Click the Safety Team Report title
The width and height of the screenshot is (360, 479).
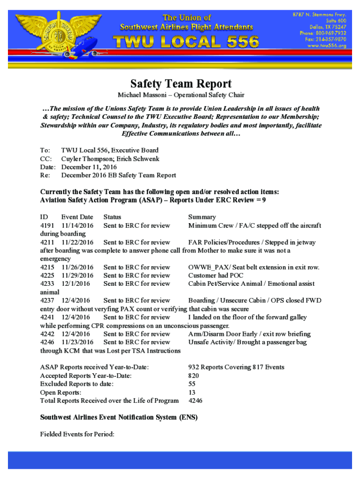180,84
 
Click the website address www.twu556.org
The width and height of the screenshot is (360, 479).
326,46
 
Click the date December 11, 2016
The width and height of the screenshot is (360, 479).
89,167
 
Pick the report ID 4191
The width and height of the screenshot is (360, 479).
48,225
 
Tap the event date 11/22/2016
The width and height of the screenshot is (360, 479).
77,242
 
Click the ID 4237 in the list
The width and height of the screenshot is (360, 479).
48,300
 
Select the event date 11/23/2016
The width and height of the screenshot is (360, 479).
77,342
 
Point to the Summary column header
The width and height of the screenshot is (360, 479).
202,217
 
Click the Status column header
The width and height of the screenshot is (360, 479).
112,217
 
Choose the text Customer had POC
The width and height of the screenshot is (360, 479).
216,276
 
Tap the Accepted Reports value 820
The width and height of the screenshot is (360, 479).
194,376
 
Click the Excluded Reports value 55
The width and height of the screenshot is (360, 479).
192,384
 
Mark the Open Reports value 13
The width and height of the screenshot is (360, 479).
192,392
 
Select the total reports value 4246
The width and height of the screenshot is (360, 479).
195,401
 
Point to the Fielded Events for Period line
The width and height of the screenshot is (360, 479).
78,434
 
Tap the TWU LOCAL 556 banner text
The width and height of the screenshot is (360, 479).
187,42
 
